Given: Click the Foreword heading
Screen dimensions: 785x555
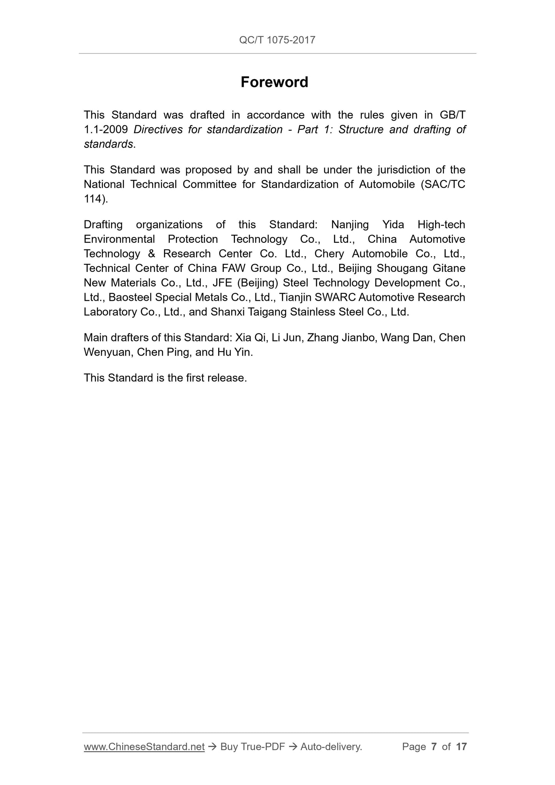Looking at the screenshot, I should (274, 82).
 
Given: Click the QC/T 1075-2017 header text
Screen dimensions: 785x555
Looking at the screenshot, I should (277, 40).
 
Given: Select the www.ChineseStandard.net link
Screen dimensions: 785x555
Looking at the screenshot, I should (144, 747).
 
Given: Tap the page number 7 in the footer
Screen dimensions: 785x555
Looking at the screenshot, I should (434, 747).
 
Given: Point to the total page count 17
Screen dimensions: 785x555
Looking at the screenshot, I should (461, 747).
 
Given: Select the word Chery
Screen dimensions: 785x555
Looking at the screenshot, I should (329, 254).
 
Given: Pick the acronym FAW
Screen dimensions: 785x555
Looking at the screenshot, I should (233, 268).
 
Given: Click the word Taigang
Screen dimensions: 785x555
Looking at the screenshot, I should (267, 312).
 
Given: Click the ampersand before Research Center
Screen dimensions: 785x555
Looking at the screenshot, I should (151, 254).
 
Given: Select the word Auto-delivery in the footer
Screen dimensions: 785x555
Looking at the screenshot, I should (331, 747).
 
